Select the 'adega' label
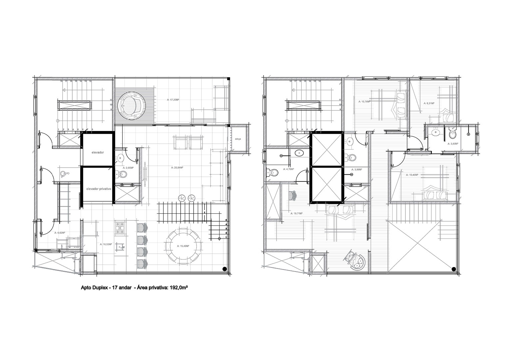pyautogui.click(x=238, y=139)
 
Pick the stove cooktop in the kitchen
pyautogui.click(x=120, y=228)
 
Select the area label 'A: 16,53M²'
pyautogui.click(x=106, y=244)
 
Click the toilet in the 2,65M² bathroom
pyautogui.click(x=120, y=174)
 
